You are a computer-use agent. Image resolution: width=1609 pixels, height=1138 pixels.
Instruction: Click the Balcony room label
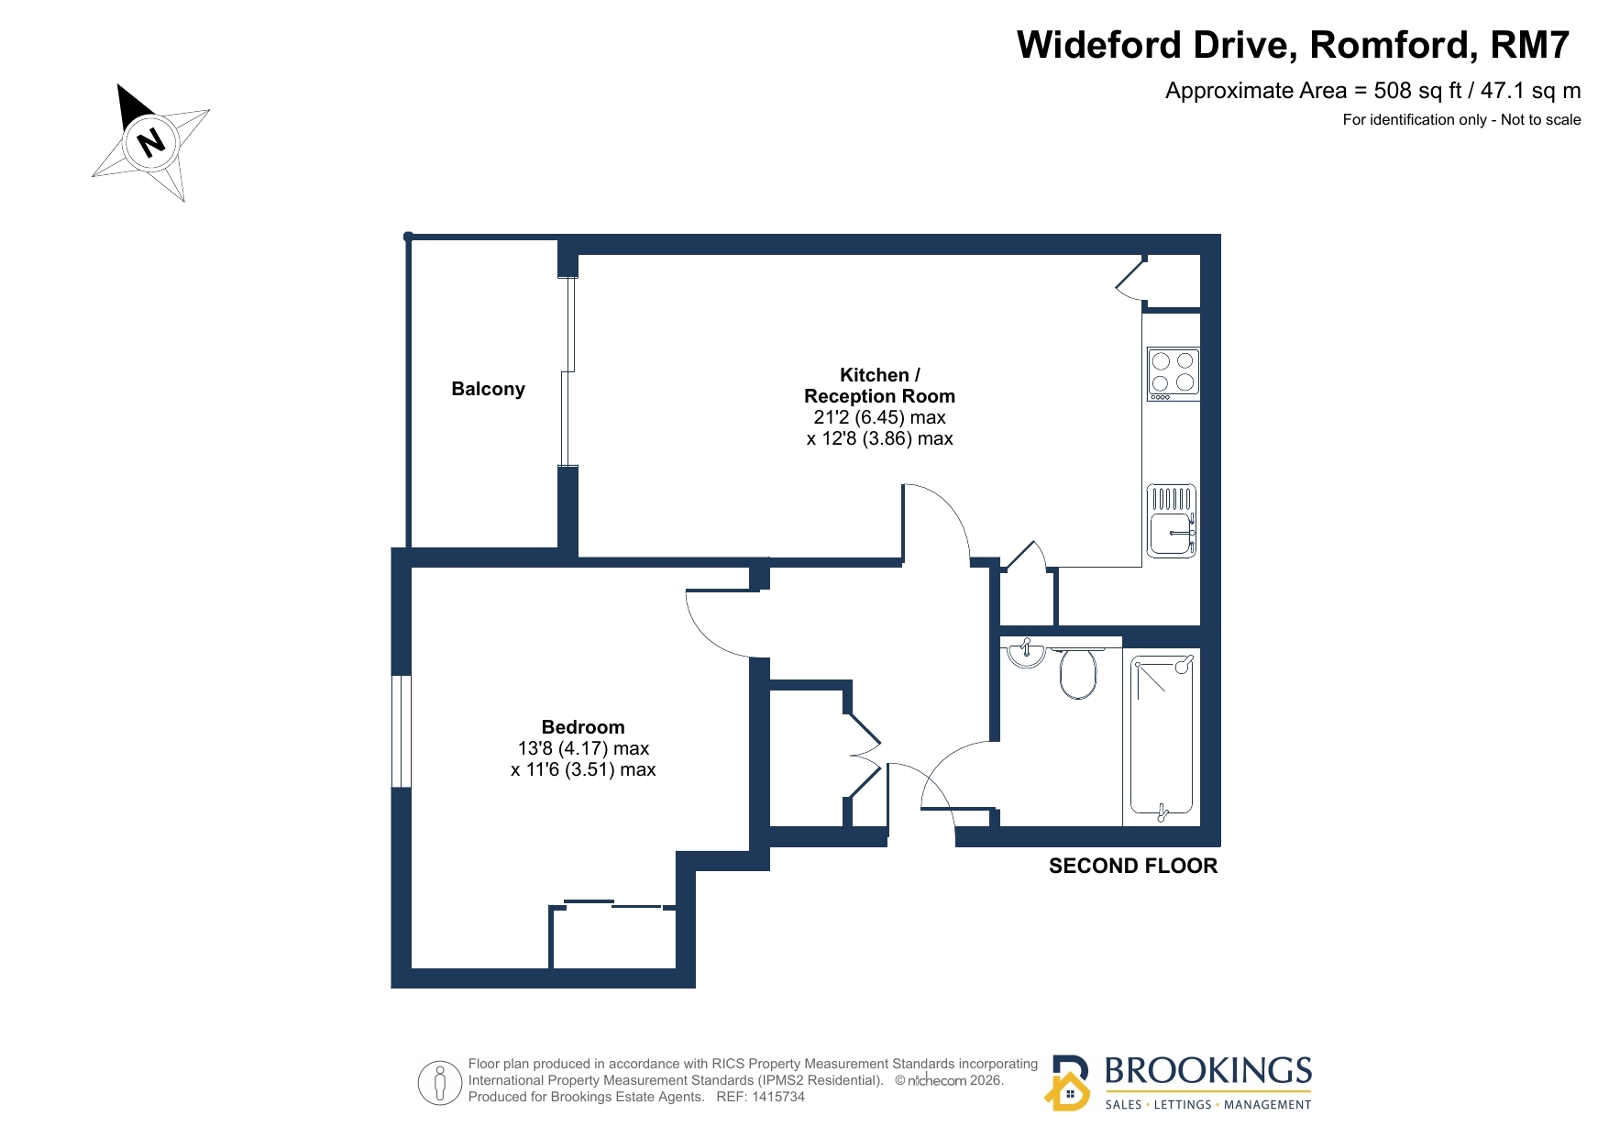click(488, 389)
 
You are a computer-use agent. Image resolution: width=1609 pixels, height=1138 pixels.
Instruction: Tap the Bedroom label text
click(583, 727)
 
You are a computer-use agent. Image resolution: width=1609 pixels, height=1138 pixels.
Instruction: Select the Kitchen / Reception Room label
click(879, 385)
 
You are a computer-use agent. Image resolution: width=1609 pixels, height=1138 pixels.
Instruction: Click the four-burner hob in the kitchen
click(1173, 373)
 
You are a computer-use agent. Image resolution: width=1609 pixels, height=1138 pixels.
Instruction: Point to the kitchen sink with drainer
click(1172, 521)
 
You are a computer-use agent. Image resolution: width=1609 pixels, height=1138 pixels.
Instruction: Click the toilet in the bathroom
click(1077, 673)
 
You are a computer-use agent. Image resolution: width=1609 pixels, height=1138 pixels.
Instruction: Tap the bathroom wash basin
click(1026, 654)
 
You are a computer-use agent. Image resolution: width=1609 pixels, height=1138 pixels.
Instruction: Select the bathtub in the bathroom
click(1162, 736)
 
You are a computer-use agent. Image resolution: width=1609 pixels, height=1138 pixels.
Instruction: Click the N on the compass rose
click(150, 141)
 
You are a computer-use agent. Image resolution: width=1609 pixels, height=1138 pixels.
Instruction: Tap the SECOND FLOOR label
click(1133, 866)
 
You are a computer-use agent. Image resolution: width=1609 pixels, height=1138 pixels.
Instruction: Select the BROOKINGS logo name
click(1208, 1070)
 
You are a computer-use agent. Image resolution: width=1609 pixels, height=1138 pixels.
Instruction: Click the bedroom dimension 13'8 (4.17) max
click(583, 748)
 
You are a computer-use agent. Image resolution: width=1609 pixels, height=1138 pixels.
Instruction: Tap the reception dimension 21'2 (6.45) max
click(879, 417)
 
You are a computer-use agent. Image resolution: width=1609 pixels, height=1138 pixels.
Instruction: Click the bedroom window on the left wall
click(401, 731)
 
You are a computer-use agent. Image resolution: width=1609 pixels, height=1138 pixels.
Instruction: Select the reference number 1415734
click(777, 1097)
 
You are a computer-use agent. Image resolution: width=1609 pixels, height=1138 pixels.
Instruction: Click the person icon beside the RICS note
click(440, 1083)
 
